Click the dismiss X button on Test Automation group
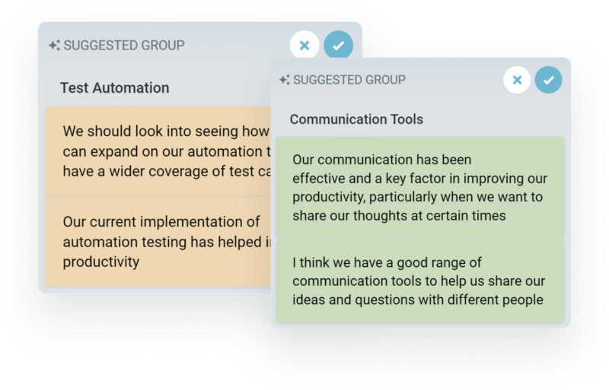(304, 46)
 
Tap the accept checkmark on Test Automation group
(338, 46)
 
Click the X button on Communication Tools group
(517, 80)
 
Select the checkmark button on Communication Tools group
(548, 80)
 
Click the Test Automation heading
(114, 87)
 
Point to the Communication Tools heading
(356, 119)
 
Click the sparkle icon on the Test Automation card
(53, 46)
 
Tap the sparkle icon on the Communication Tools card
(284, 80)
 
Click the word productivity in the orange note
(101, 262)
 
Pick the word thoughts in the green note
(395, 216)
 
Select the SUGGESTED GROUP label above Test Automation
(123, 46)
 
